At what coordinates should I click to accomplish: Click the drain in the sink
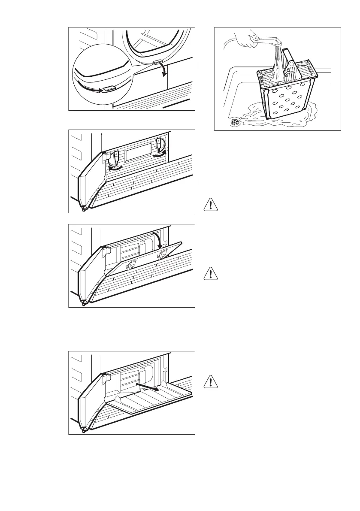pos(235,122)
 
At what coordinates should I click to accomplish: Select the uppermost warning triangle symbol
pos(211,204)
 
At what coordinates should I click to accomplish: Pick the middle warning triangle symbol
pos(211,273)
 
